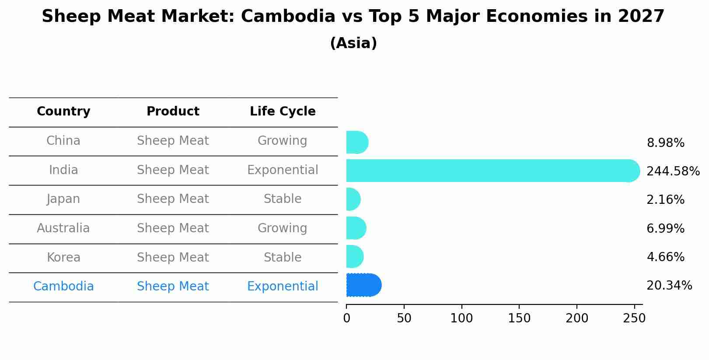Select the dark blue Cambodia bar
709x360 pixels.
point(363,285)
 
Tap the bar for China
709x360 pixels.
point(357,142)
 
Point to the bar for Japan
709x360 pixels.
point(353,199)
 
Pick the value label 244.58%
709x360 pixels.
point(673,171)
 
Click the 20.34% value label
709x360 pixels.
point(669,286)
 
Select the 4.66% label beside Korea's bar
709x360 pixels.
point(665,257)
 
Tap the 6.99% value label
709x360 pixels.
point(665,228)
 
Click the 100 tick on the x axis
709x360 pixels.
point(461,318)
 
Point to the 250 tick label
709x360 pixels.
point(634,318)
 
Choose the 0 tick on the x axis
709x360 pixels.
point(346,318)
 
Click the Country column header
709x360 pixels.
point(63,112)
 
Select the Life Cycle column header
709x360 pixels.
point(283,112)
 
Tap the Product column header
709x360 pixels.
point(173,112)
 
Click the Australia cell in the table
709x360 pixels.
point(63,228)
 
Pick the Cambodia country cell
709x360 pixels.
point(63,287)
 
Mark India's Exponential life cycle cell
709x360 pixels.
point(283,170)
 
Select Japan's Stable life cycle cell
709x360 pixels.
point(283,199)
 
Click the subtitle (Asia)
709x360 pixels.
point(353,43)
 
